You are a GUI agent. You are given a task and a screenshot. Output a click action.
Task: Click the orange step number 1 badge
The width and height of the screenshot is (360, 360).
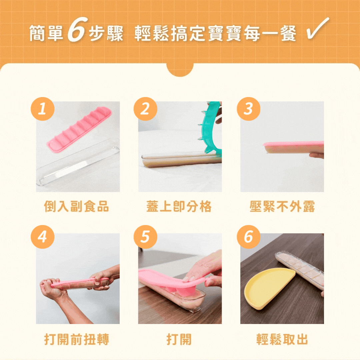42,109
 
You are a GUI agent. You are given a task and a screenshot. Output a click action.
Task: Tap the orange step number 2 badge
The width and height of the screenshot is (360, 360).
145,109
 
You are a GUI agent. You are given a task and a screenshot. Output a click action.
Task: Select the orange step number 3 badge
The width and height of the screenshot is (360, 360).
248,109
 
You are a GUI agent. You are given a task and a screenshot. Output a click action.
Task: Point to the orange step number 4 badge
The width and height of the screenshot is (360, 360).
42,237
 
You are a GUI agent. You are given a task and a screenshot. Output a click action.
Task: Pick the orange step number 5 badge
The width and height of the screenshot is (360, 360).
145,237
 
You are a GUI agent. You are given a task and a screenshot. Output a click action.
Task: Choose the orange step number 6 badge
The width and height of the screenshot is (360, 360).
248,237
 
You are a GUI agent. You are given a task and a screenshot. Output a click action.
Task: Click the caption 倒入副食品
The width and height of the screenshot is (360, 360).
77,207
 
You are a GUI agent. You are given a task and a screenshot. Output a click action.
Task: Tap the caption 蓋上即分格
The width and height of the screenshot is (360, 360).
179,207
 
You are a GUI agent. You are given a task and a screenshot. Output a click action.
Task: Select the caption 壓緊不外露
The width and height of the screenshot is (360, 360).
282,207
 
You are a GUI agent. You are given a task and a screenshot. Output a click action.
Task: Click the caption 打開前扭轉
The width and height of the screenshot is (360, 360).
77,340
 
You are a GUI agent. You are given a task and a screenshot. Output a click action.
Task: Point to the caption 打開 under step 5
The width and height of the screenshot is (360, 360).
179,340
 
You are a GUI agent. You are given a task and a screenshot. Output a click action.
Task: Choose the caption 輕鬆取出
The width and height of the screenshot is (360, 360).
282,340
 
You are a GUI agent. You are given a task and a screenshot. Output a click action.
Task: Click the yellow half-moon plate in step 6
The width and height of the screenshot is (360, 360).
268,288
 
